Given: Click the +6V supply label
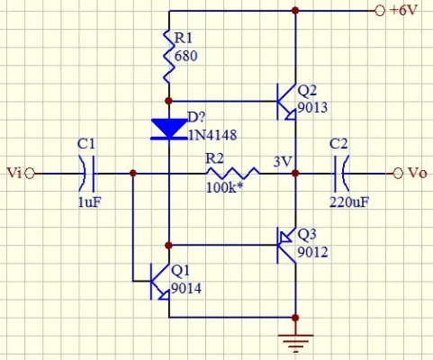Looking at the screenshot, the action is pyautogui.click(x=403, y=11).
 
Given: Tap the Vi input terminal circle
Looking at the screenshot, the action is pyautogui.click(x=30, y=174).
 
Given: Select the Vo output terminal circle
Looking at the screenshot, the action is pyautogui.click(x=398, y=174).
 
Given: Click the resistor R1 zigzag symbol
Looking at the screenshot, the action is pyautogui.click(x=169, y=56).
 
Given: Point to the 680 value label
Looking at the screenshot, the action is pyautogui.click(x=185, y=56).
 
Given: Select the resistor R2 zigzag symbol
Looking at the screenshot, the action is pyautogui.click(x=233, y=173).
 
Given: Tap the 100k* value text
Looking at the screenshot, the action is pyautogui.click(x=224, y=188).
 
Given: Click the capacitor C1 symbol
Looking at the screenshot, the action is pyautogui.click(x=87, y=174).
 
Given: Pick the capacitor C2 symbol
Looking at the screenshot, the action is pyautogui.click(x=341, y=174).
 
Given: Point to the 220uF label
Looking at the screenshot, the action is pyautogui.click(x=349, y=202).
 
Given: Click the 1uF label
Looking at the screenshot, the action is pyautogui.click(x=89, y=202).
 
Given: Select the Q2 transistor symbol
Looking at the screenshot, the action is pyautogui.click(x=286, y=102).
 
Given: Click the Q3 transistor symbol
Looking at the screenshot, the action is pyautogui.click(x=286, y=246).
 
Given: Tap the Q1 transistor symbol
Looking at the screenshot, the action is pyautogui.click(x=160, y=282).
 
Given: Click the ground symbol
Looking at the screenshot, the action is pyautogui.click(x=295, y=342).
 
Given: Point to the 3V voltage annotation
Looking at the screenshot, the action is pyautogui.click(x=283, y=162).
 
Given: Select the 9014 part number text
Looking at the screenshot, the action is pyautogui.click(x=186, y=289).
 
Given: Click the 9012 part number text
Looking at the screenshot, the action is pyautogui.click(x=312, y=252).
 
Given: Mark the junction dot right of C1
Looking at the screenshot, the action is pyautogui.click(x=133, y=173).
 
